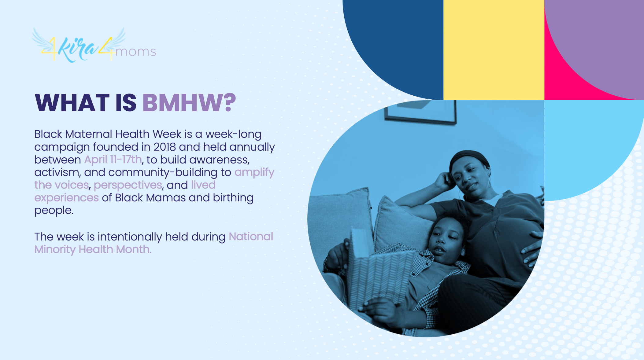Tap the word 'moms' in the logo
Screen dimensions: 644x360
point(136,52)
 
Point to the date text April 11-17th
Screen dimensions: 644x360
point(113,160)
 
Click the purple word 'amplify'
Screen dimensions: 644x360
point(254,173)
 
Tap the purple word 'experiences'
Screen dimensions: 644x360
point(66,198)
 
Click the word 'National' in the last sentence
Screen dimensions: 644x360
point(251,237)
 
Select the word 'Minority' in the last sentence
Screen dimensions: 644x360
point(55,249)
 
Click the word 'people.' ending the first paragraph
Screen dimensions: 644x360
point(54,211)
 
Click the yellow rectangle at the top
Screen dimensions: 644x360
point(494,50)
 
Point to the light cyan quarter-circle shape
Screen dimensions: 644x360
point(587,144)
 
